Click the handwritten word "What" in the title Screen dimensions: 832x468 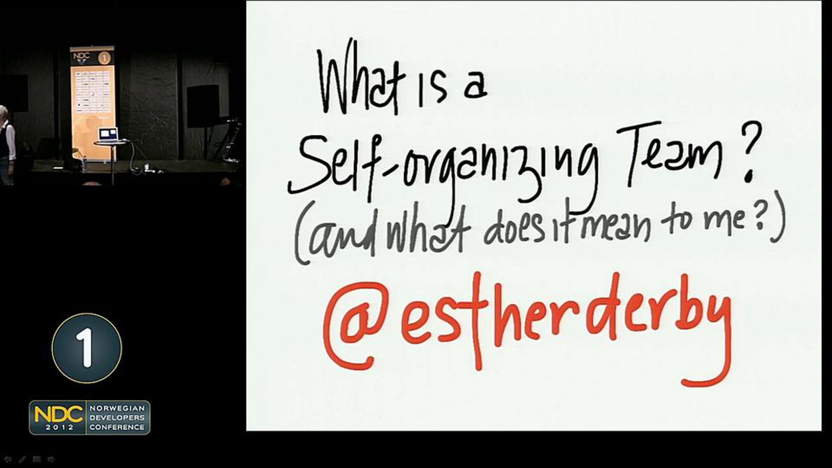click(361, 80)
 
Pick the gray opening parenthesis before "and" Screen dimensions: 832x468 click(301, 232)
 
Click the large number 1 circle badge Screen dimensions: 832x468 click(87, 348)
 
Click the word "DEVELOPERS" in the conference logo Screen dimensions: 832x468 click(117, 417)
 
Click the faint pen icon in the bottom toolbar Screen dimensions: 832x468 click(22, 460)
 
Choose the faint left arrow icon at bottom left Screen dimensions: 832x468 click(8, 460)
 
